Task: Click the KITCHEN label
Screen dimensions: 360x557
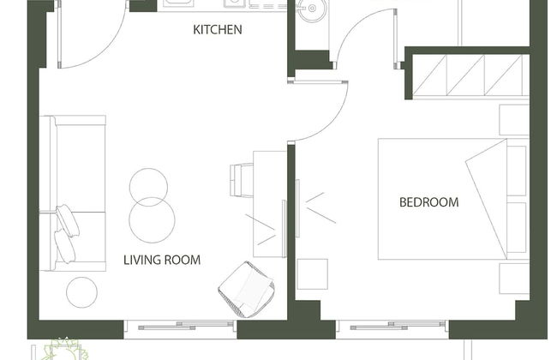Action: pos(218,30)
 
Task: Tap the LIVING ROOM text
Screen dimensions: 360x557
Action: pos(162,259)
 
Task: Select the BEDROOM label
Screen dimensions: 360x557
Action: pos(428,203)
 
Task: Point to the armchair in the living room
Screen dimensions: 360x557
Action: pos(246,285)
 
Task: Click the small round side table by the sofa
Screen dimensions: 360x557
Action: pos(82,291)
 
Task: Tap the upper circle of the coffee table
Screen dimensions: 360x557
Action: pos(149,186)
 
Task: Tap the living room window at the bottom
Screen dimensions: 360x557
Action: pos(182,327)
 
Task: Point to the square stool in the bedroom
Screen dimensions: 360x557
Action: pos(312,273)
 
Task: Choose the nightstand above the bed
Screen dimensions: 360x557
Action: pos(513,120)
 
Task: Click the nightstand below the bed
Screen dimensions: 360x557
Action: pos(513,278)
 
